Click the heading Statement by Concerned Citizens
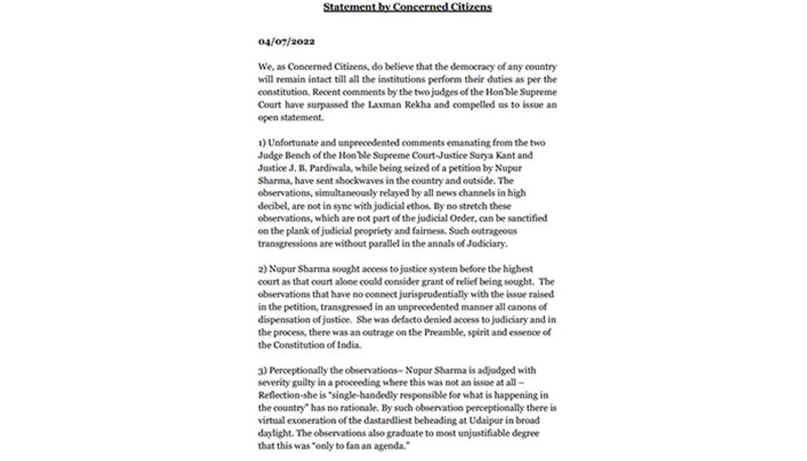407,8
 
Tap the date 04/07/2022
286,42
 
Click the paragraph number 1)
262,143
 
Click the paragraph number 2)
262,269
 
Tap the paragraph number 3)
262,370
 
